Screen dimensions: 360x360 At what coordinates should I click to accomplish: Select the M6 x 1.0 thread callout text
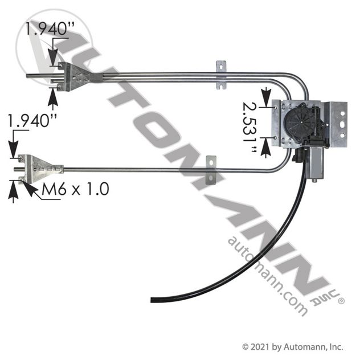coord(75,189)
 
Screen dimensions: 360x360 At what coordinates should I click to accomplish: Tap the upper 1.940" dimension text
coord(50,28)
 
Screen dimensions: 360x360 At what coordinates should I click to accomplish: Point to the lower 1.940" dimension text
coord(32,120)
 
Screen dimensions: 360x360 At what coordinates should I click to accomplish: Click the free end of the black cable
coord(152,300)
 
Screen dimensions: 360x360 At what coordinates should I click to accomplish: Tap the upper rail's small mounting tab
coord(221,75)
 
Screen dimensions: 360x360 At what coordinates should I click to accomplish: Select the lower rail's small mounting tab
coord(211,170)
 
